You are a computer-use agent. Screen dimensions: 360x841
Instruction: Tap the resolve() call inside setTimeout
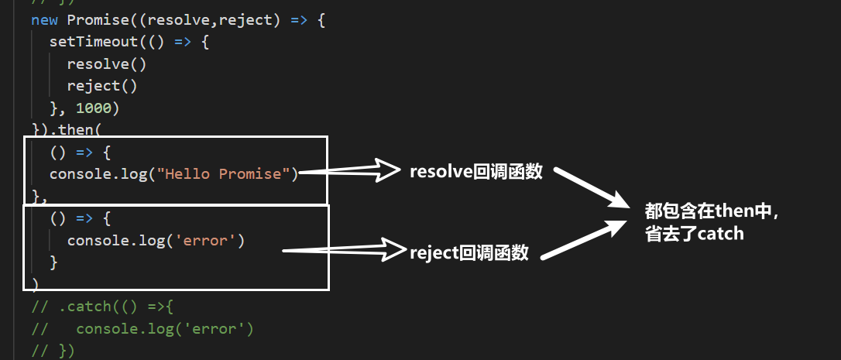(107, 63)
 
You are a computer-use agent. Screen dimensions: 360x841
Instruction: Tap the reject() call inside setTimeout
(102, 85)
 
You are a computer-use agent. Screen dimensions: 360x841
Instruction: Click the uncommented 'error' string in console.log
(208, 241)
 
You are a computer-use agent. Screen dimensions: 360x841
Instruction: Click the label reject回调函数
(470, 252)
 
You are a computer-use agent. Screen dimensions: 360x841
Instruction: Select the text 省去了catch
(694, 233)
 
